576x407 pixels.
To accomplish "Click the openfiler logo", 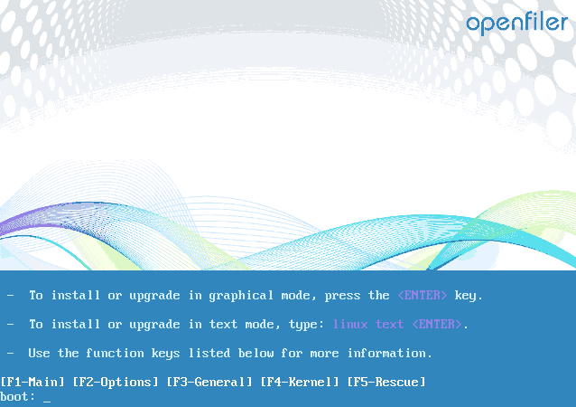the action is tap(517, 24).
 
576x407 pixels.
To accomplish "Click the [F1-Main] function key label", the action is tap(33, 382).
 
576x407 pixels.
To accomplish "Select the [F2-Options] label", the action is tap(116, 382).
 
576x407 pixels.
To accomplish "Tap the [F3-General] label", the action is tap(209, 382).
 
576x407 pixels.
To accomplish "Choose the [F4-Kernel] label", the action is tap(300, 382).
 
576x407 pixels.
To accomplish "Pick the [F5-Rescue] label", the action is tap(386, 382).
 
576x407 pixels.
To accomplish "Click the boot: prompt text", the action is tap(18, 397).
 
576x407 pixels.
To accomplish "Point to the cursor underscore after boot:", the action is tap(47, 402).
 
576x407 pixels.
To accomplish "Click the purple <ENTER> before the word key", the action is tap(423, 295).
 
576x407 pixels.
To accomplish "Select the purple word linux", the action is tap(350, 324).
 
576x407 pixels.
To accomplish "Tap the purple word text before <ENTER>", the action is tap(389, 324).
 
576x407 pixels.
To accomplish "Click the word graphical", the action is tap(241, 295).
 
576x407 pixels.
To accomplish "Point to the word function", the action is tap(115, 354).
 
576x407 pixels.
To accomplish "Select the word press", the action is tap(342, 296).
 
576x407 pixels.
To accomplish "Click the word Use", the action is tap(39, 354).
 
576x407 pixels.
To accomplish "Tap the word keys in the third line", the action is tap(165, 354).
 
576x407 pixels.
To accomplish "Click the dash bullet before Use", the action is tap(11, 354).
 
